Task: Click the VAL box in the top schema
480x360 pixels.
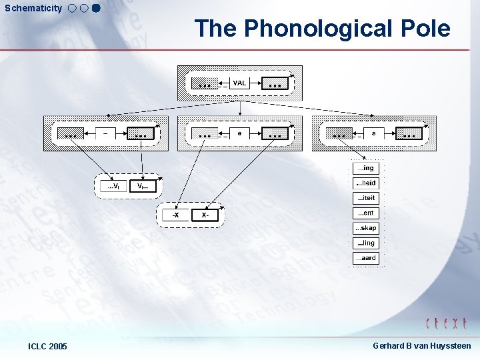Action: [x=239, y=83]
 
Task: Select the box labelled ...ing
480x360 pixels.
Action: [x=365, y=169]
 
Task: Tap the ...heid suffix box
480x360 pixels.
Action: [x=365, y=183]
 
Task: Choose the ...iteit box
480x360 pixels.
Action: [x=365, y=198]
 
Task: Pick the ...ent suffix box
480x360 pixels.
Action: [x=365, y=213]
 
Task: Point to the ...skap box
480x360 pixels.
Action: [x=365, y=228]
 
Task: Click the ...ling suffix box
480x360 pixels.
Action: [x=365, y=243]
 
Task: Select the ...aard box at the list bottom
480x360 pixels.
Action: [x=365, y=258]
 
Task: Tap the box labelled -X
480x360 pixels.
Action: [x=175, y=215]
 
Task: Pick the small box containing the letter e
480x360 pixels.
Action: [x=239, y=133]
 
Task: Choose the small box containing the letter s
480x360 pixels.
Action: [x=373, y=133]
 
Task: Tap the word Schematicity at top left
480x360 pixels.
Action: [x=33, y=9]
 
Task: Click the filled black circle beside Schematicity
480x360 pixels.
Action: [x=95, y=9]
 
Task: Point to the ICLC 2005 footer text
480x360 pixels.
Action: [x=47, y=346]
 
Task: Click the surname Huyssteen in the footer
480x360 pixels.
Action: [x=449, y=345]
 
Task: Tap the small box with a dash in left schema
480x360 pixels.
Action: [x=105, y=133]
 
